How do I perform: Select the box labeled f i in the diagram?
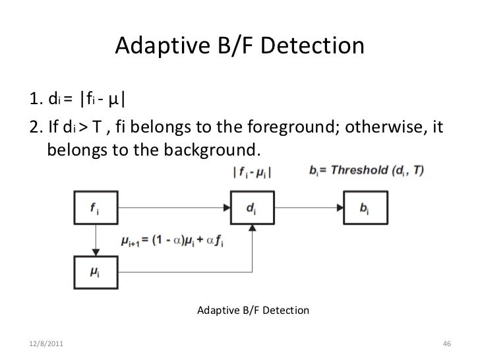point(96,209)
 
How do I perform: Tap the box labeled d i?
point(252,209)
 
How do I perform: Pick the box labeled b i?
point(365,209)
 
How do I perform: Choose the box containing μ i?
point(96,271)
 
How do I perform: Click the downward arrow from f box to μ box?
point(96,240)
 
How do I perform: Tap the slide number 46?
point(446,345)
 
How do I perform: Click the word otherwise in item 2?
point(385,127)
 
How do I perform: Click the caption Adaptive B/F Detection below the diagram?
point(253,309)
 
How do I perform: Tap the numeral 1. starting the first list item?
point(36,100)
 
